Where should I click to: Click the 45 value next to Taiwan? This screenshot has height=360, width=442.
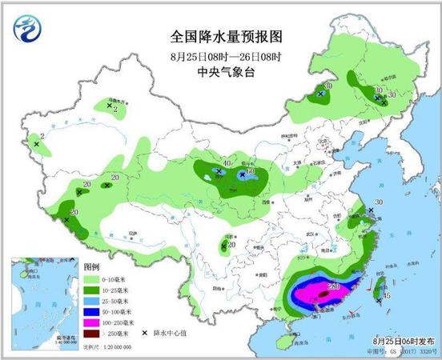pyautogui.click(x=387, y=296)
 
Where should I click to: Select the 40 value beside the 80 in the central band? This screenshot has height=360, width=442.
pyautogui.click(x=227, y=164)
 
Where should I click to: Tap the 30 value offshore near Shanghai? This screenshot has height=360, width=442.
pyautogui.click(x=379, y=202)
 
